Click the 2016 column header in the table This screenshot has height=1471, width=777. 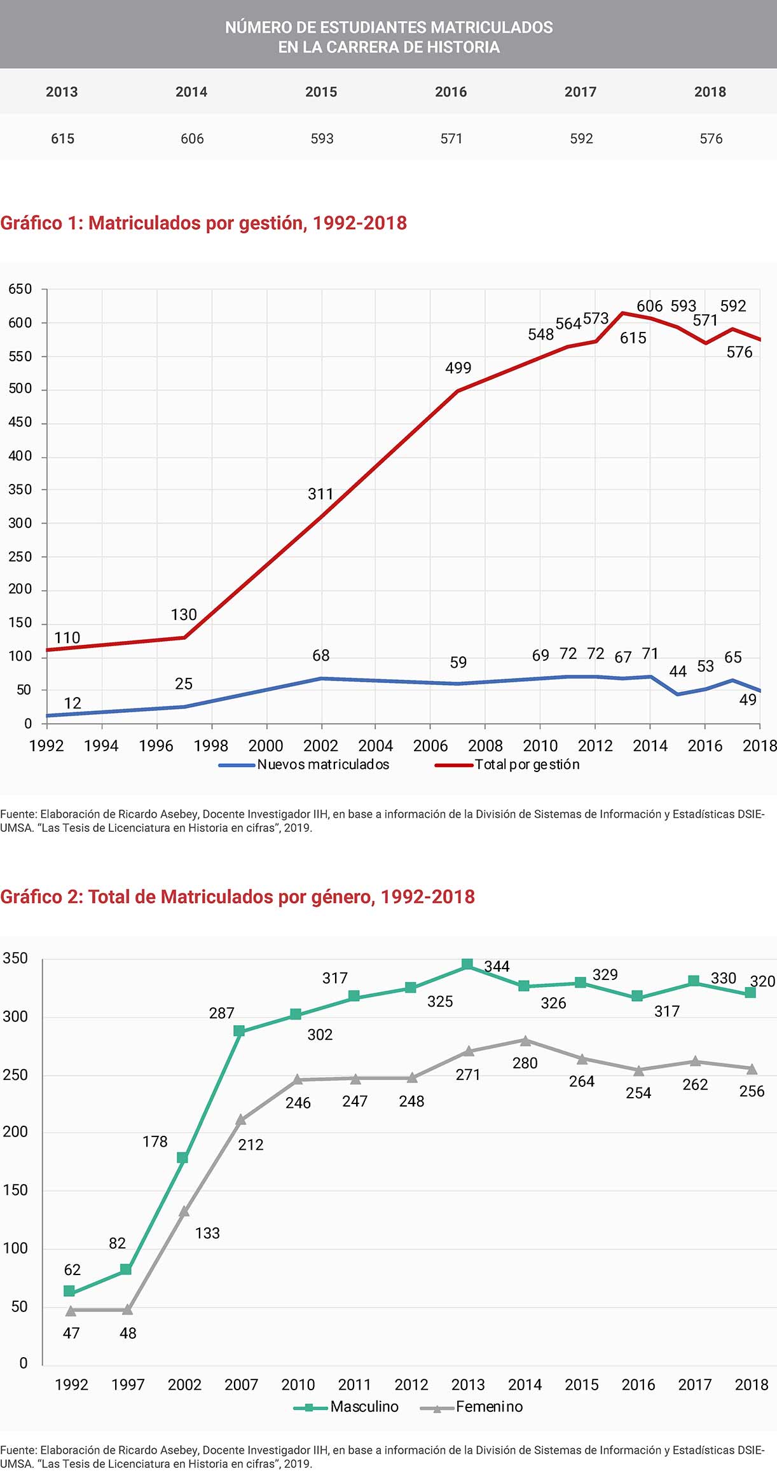coord(451,92)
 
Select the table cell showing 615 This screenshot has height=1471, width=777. coord(63,139)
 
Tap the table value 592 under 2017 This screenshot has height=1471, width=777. coord(581,139)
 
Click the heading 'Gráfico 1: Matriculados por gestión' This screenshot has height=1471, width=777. coord(203,223)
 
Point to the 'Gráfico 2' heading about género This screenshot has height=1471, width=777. coord(237,897)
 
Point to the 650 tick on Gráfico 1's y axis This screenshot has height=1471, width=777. coord(20,289)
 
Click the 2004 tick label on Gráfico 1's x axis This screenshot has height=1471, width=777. coord(375,745)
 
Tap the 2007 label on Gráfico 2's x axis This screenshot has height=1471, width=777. coord(241,1385)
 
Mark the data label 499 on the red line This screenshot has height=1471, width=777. coord(458,368)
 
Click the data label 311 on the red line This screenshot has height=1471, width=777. coord(320,494)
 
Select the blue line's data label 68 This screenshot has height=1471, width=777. coord(321,656)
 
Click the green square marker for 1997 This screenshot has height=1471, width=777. coord(126,1269)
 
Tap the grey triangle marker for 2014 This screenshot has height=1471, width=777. coord(525,1040)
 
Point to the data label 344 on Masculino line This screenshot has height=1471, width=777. coord(497,967)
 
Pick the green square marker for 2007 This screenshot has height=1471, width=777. coord(239,1031)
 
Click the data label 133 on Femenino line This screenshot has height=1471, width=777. coord(207,1233)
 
